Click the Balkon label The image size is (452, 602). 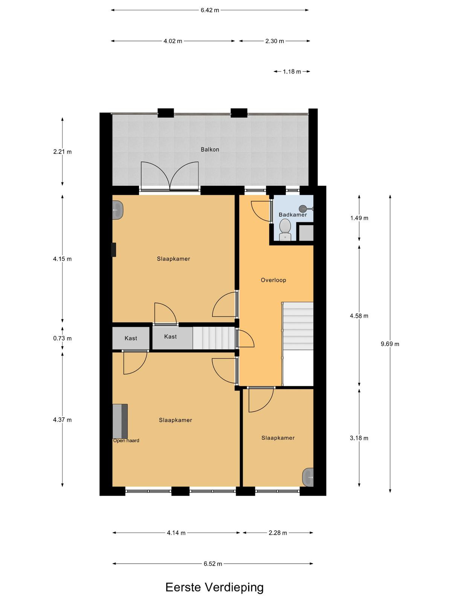point(210,149)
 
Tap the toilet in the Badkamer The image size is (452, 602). point(285,230)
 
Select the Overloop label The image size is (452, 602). point(273,280)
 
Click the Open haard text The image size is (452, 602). point(126,441)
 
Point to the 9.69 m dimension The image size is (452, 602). point(390,344)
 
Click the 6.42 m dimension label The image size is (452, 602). point(210,11)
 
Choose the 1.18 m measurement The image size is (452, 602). point(292,71)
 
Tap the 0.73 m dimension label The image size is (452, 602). point(62,338)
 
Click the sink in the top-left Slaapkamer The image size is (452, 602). point(118,210)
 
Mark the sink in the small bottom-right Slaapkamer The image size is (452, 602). point(308,477)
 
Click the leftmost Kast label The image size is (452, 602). point(131,338)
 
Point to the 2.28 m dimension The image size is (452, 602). point(278,533)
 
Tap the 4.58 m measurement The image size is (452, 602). point(359,316)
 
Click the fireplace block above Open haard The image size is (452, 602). point(120,421)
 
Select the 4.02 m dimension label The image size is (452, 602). point(173,41)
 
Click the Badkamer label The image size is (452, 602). point(293,215)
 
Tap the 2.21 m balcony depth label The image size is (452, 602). point(62,152)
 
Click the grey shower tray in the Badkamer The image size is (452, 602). point(306,233)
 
